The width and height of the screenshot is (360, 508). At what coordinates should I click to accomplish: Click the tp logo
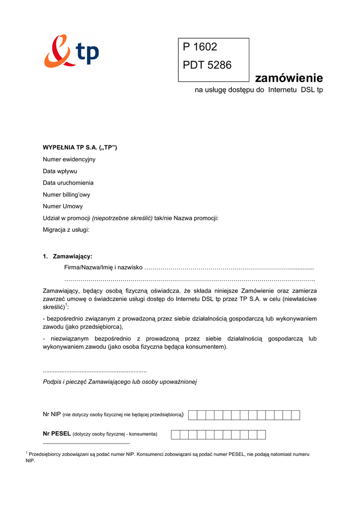(x=71, y=51)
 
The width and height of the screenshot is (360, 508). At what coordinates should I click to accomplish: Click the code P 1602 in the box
(x=200, y=47)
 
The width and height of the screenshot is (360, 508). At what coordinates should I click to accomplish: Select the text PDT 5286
(x=207, y=65)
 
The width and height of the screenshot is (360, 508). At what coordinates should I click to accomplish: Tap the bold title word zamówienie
(x=288, y=78)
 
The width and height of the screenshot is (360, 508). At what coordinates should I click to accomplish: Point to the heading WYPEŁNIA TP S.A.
(x=79, y=147)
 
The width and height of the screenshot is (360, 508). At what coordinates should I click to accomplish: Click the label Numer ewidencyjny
(x=69, y=159)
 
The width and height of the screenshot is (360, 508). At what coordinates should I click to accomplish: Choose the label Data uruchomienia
(x=68, y=183)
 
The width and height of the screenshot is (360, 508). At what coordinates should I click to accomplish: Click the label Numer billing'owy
(x=67, y=194)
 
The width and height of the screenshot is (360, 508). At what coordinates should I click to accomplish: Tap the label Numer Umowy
(x=63, y=206)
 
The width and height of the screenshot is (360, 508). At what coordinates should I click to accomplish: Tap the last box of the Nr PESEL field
(x=261, y=435)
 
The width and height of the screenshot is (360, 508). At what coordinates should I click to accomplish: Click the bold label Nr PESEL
(x=57, y=434)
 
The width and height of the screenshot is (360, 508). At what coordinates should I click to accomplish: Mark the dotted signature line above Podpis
(x=95, y=371)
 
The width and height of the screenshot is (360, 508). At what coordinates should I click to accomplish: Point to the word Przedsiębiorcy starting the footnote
(x=47, y=454)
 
